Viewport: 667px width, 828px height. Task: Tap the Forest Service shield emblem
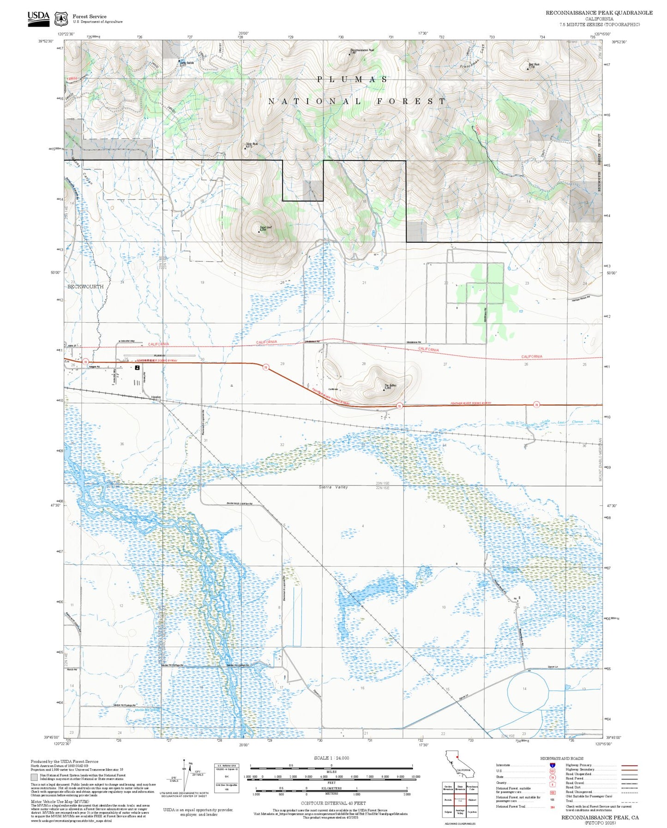tap(61, 18)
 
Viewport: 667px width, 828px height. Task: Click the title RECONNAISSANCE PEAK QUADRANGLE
tap(599, 12)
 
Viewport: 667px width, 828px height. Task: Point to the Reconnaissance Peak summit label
tap(362, 50)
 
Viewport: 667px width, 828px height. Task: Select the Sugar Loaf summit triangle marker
tap(258, 231)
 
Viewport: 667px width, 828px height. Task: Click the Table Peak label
tap(252, 144)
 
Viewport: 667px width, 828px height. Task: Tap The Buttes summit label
tap(390, 385)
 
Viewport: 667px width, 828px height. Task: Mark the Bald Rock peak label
tap(534, 64)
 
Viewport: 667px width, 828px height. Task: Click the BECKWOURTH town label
tap(85, 287)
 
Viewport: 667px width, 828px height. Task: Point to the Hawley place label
tap(156, 397)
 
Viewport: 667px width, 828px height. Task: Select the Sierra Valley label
tap(333, 487)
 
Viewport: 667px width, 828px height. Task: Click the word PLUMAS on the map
tap(352, 79)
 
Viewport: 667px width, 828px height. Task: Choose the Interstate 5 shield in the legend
tap(552, 765)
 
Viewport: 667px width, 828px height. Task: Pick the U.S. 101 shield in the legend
tap(552, 771)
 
